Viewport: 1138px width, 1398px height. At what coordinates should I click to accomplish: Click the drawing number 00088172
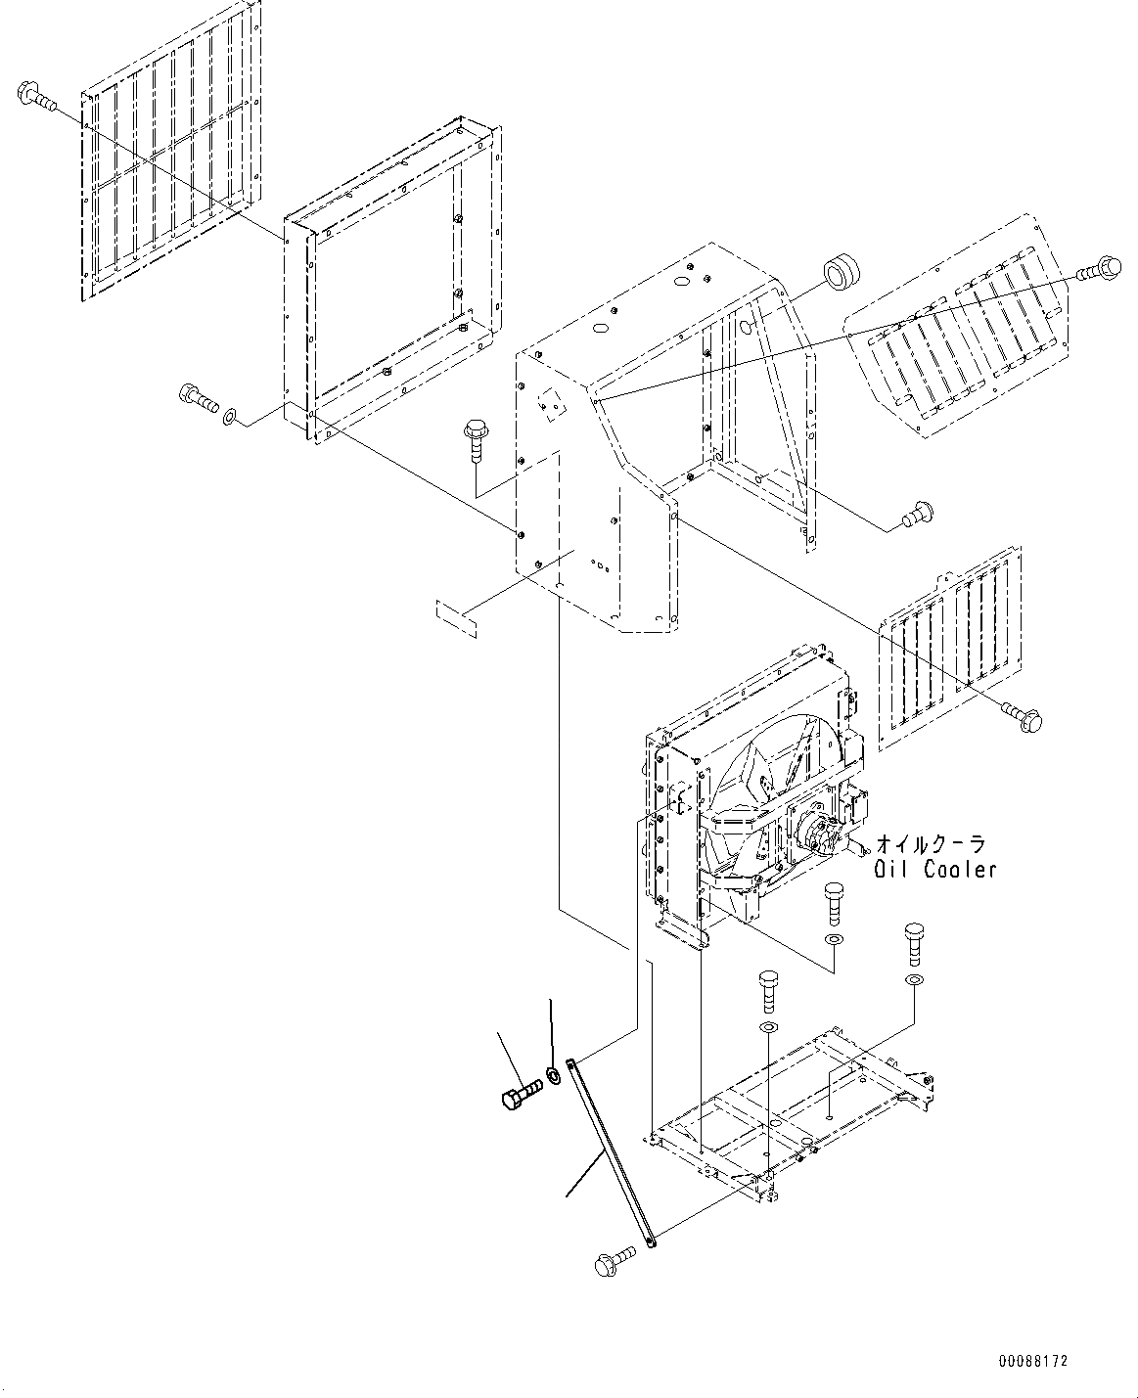point(1033,1361)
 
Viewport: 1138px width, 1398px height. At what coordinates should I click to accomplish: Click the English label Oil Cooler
point(935,869)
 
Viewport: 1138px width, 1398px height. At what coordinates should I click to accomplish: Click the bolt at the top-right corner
point(1103,267)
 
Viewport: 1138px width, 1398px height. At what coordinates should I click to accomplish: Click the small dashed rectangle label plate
point(456,618)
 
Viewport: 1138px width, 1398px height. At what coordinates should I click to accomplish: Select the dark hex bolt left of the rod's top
point(520,1095)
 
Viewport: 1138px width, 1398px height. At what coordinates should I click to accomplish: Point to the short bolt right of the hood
point(918,511)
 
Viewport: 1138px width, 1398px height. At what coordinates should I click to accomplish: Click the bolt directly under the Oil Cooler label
point(834,903)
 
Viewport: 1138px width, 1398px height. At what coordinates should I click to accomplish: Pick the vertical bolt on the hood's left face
point(478,440)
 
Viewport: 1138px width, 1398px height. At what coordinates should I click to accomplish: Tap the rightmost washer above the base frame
point(913,979)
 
